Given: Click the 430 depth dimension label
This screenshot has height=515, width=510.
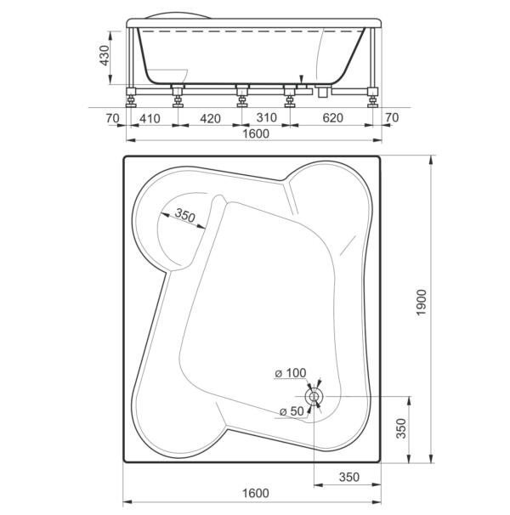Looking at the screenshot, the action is (105, 55).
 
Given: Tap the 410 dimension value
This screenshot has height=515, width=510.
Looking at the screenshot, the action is (150, 118).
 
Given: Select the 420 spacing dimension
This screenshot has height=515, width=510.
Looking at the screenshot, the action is (210, 118).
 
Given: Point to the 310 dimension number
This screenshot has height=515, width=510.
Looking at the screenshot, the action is (267, 117).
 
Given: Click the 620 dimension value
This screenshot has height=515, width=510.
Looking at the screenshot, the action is (332, 117).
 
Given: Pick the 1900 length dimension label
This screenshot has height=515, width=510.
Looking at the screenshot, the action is (422, 303).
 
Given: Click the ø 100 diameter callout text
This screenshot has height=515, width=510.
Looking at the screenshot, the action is (290, 373).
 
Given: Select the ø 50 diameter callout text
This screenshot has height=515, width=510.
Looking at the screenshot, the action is (292, 410).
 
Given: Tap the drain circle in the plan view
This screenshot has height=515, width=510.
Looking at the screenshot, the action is (314, 397).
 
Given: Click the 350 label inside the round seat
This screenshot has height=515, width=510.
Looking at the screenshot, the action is (185, 215).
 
